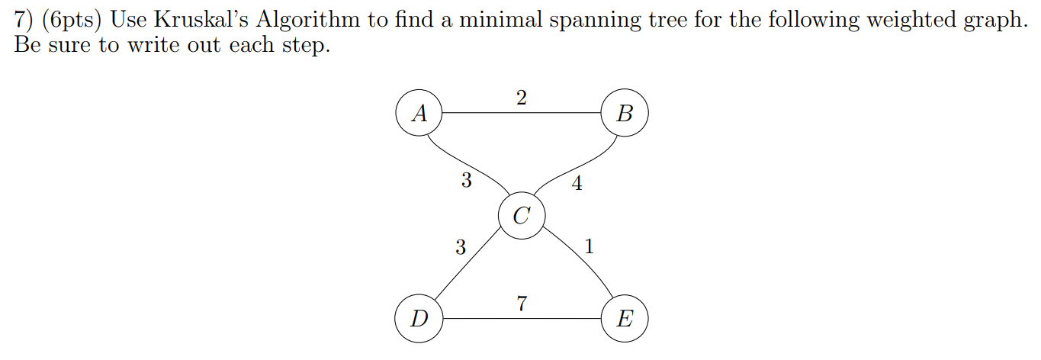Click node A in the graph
[x=419, y=114]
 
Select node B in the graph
[x=625, y=114]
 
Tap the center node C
[x=522, y=216]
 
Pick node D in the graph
[x=419, y=318]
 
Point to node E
[x=625, y=318]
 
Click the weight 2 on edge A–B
[x=522, y=98]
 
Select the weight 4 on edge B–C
[x=577, y=183]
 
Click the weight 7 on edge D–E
[x=522, y=304]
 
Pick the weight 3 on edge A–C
[x=466, y=181]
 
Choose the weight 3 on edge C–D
[x=460, y=246]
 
